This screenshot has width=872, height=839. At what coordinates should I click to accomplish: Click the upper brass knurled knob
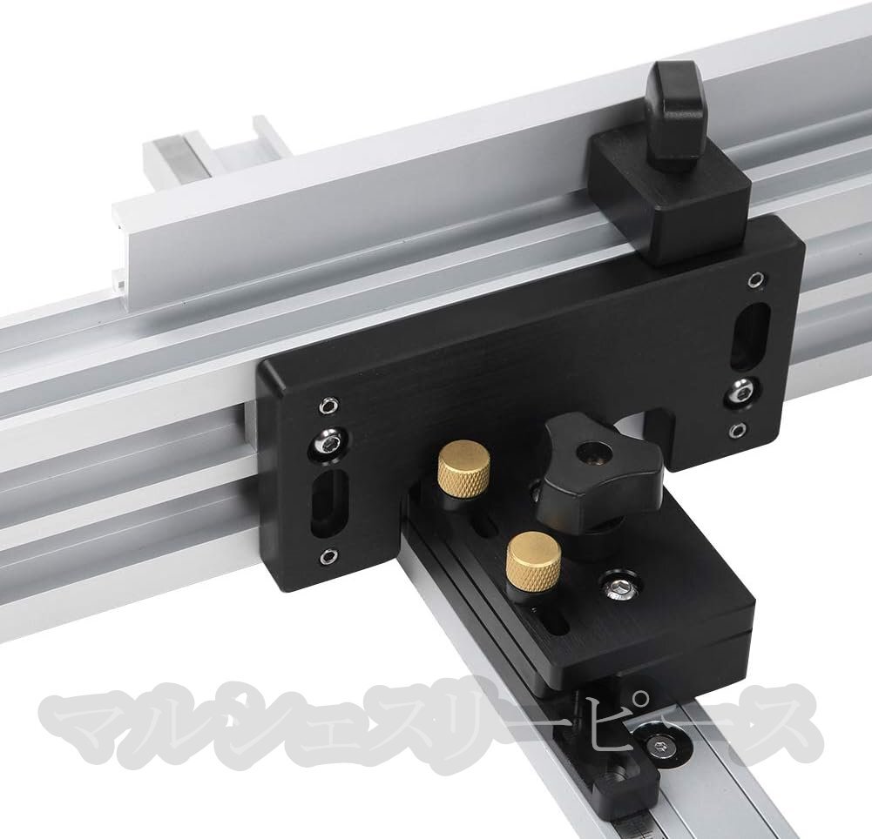463,466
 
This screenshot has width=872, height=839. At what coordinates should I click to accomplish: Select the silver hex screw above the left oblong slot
328,443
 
